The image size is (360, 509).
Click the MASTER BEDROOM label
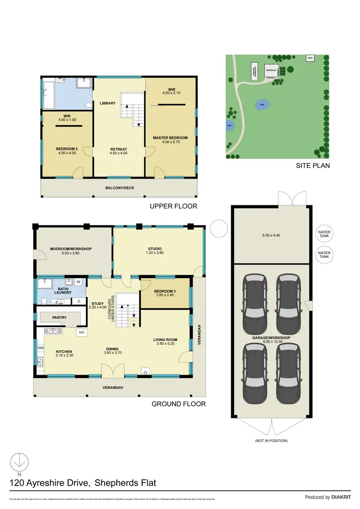170,138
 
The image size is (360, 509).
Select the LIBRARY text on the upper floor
108,103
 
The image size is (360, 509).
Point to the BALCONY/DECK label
119,188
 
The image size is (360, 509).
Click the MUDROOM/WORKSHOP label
71,249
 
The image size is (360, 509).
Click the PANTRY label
60,318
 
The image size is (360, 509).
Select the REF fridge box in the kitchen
82,332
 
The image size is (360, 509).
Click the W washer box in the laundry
78,282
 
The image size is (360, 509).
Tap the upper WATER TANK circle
324,235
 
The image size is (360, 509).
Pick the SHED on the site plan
310,58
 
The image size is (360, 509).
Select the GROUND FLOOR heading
179,404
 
